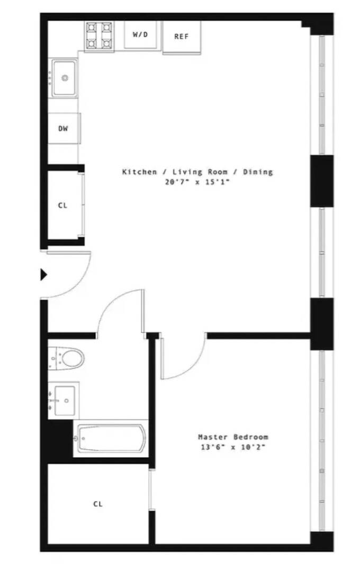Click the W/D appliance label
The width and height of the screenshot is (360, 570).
(140, 34)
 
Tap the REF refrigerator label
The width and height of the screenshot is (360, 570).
(181, 37)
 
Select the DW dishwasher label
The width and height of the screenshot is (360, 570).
(63, 128)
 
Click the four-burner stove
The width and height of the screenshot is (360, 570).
(99, 35)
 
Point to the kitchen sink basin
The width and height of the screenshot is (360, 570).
(65, 78)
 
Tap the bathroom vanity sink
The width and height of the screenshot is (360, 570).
(64, 399)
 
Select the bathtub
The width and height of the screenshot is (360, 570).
(110, 438)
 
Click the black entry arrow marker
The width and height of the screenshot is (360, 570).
(44, 274)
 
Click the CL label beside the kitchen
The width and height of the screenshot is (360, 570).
(62, 206)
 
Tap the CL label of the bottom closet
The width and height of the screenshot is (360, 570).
(98, 504)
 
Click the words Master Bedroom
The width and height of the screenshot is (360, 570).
(233, 437)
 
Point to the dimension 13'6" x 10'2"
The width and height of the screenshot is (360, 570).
(233, 447)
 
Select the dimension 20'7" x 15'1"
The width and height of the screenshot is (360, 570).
(197, 182)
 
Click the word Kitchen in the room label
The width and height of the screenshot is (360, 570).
(139, 172)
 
